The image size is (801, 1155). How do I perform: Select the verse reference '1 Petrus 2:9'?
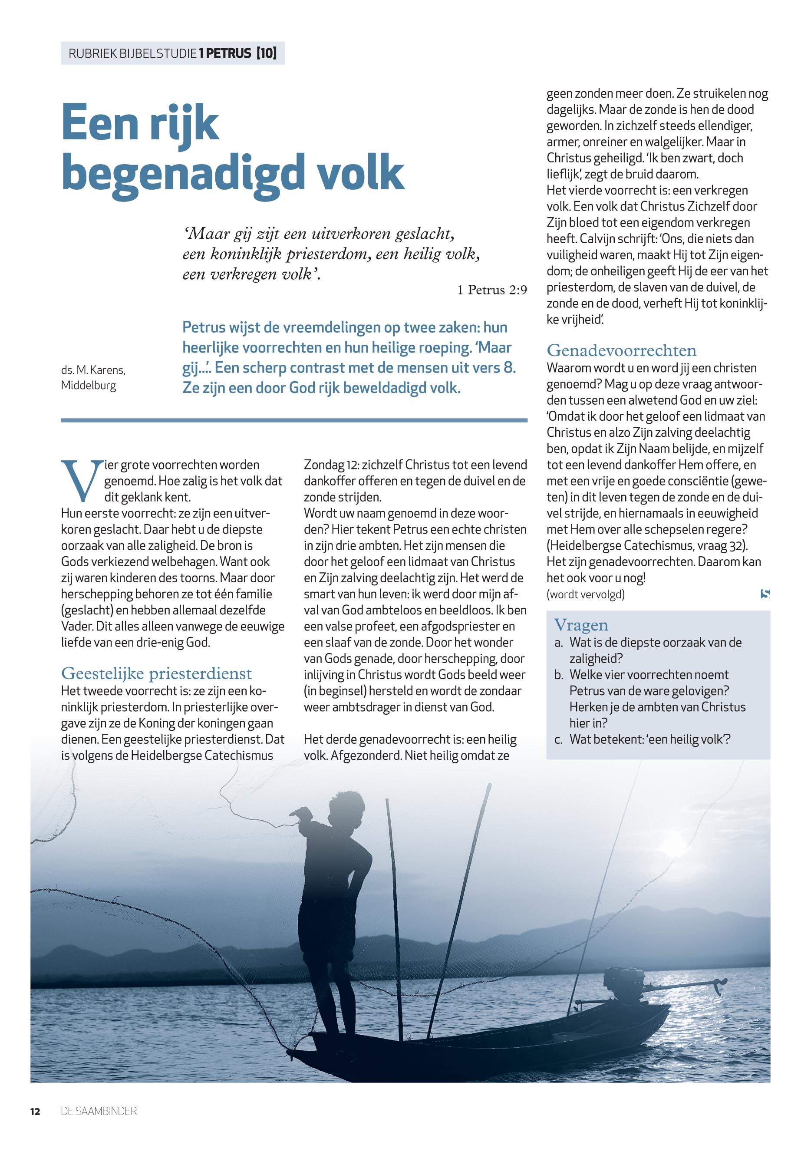coord(492,290)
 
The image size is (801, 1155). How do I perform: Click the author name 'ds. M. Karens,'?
coord(93,370)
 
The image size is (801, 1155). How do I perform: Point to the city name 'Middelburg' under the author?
coord(88,386)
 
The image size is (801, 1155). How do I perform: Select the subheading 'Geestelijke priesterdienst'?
coord(156,673)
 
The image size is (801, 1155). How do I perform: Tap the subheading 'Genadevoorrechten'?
coord(621,350)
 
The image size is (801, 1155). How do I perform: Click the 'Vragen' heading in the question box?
coord(581,625)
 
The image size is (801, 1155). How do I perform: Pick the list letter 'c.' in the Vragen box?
coord(559,739)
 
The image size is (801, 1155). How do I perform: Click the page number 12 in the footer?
coord(35,1111)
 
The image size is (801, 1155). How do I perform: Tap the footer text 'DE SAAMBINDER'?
coord(99,1111)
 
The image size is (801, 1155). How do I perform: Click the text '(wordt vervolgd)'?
coord(586,594)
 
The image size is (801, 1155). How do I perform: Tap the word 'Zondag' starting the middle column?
coord(321,464)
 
